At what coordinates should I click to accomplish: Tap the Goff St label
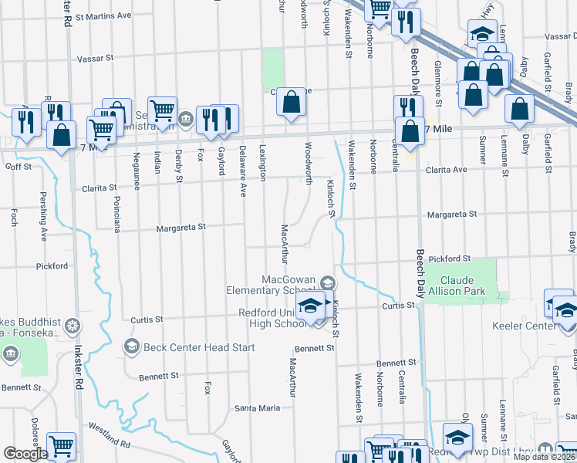pos(18,166)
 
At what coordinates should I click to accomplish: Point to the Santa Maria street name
pos(258,407)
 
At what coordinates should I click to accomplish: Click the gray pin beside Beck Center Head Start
pos(131,346)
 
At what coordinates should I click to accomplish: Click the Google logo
pos(25,454)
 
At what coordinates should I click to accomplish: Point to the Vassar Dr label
pos(554,36)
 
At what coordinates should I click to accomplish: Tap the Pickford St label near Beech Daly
pos(450,258)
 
